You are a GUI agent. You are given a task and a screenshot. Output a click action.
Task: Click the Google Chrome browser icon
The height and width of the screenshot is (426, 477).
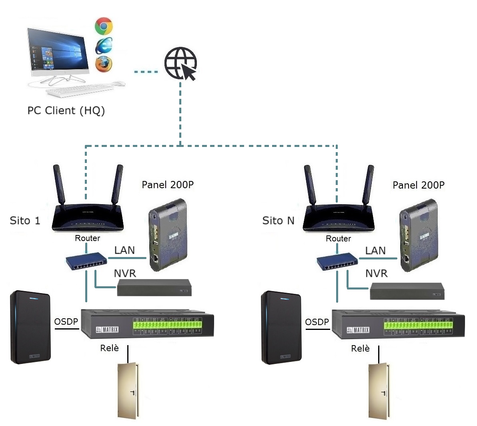click(x=104, y=26)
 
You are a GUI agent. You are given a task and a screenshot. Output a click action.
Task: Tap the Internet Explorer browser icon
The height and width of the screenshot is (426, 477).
click(x=104, y=45)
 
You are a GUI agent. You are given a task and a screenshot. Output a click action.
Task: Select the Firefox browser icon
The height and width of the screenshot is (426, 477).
click(x=104, y=64)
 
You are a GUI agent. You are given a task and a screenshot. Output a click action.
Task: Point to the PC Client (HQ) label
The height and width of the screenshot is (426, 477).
click(x=66, y=111)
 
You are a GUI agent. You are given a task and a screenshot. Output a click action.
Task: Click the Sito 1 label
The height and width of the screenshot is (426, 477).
click(x=25, y=221)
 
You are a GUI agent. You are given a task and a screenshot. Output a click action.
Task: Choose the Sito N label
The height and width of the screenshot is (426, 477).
click(x=278, y=221)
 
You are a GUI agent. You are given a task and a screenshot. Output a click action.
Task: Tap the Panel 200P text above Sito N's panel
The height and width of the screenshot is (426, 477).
click(x=418, y=185)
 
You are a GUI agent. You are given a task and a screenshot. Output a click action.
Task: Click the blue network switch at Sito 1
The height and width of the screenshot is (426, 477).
click(x=86, y=261)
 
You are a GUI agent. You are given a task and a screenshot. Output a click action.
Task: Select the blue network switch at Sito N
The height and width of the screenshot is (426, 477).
click(x=337, y=262)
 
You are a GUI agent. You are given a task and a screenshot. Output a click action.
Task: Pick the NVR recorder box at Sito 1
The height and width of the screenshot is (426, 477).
click(x=154, y=288)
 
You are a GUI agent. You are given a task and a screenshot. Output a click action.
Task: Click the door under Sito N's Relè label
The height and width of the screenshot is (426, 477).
click(x=378, y=391)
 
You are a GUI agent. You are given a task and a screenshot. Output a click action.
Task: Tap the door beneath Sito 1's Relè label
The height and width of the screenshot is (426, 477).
click(x=127, y=390)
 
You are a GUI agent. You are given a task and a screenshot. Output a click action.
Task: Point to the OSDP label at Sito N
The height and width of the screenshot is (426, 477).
click(x=317, y=322)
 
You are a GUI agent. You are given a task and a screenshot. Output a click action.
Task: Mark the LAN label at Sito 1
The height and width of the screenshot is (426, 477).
click(x=124, y=251)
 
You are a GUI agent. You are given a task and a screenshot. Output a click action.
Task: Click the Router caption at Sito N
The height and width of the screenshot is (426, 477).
click(x=338, y=239)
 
